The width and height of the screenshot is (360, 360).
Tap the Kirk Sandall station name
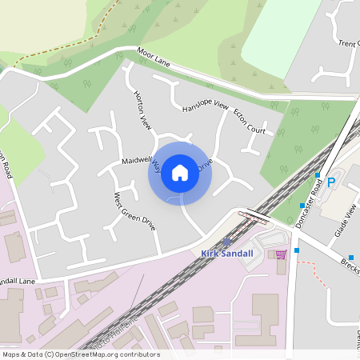coord(227,254)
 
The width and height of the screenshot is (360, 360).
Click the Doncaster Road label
coord(309,203)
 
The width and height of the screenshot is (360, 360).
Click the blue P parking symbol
coord(330,182)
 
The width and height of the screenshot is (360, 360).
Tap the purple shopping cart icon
coord(281,254)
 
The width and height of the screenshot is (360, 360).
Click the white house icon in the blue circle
coord(180,173)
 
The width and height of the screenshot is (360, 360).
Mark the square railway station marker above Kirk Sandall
coord(227,242)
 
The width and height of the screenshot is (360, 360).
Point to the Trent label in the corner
coord(349,43)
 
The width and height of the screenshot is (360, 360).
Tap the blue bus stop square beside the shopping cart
coord(297,250)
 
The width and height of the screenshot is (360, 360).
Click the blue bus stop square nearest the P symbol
coord(318,175)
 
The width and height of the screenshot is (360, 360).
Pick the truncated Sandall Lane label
coord(18,282)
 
